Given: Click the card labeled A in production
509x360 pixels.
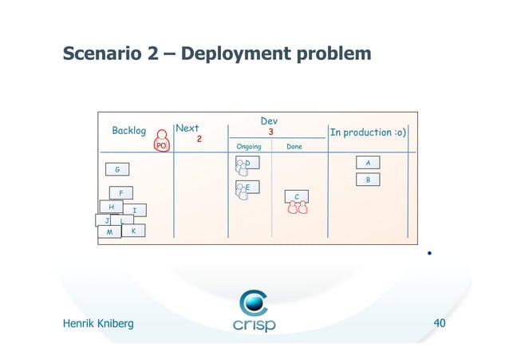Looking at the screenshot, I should (367, 162).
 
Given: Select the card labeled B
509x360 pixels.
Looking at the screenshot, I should (367, 180).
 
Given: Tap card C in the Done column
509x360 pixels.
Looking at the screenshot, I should (297, 196).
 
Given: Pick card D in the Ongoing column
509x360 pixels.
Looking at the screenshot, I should (248, 163).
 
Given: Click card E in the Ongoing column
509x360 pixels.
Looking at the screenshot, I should (248, 188).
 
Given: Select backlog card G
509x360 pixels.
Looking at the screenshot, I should (117, 169).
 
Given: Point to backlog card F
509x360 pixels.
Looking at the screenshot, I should (121, 193).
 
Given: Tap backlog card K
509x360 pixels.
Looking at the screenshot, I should (134, 231).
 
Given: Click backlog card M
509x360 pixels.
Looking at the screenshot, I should (109, 232).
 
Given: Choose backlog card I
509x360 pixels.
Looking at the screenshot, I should (135, 211).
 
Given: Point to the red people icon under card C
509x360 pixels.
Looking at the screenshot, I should (298, 209).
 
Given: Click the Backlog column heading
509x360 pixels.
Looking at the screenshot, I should (128, 130).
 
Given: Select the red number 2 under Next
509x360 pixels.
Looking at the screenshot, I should (199, 139).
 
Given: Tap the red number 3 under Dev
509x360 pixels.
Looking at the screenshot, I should (271, 132).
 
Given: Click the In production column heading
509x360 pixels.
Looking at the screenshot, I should (368, 132).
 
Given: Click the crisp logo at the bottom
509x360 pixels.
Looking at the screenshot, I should (254, 312).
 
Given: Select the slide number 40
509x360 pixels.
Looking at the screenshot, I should (439, 323).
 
